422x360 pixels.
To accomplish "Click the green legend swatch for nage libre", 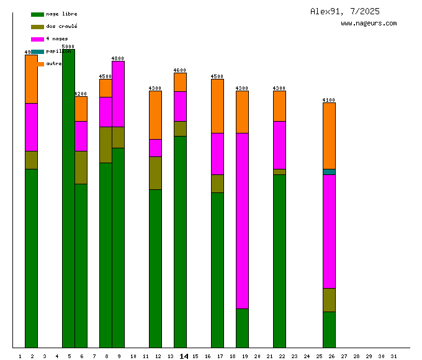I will pyautogui.click(x=37, y=14).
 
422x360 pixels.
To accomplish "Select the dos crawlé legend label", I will pyautogui.click(x=61, y=27).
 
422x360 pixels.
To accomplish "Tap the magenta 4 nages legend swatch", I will pyautogui.click(x=37, y=39).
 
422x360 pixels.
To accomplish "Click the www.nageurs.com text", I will pyautogui.click(x=369, y=24).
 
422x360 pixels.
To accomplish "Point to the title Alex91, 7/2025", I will pyautogui.click(x=345, y=11).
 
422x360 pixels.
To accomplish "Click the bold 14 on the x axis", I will pyautogui.click(x=184, y=356).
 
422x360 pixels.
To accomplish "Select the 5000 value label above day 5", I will pyautogui.click(x=68, y=47).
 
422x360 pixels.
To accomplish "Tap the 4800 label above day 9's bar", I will pyautogui.click(x=118, y=58).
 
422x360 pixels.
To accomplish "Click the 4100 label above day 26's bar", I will pyautogui.click(x=329, y=100).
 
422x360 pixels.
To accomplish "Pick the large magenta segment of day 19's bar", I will pyautogui.click(x=242, y=220).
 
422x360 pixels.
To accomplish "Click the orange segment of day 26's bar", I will pyautogui.click(x=329, y=135).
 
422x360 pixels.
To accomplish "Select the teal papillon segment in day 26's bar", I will pyautogui.click(x=329, y=172).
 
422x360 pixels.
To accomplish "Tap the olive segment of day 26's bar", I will pyautogui.click(x=329, y=300).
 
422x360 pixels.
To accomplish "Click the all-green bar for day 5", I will pyautogui.click(x=68, y=199).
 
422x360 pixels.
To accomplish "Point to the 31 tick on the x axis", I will pyautogui.click(x=393, y=356).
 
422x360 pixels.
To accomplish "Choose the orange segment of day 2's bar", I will pyautogui.click(x=31, y=79).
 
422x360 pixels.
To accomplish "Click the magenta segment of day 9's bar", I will pyautogui.click(x=118, y=94).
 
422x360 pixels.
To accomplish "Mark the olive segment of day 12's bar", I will pyautogui.click(x=155, y=173).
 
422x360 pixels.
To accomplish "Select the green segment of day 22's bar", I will pyautogui.click(x=279, y=261).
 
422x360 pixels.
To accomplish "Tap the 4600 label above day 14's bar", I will pyautogui.click(x=180, y=70).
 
